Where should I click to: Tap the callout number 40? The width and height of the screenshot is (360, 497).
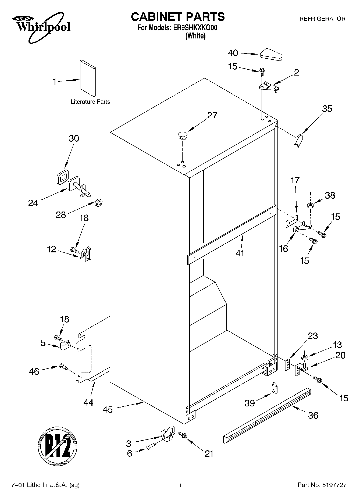[233, 53]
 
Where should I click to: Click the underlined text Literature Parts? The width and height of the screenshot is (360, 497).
[90, 102]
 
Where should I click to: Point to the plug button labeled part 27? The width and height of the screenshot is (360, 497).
[182, 135]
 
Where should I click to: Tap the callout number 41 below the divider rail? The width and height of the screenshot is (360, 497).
[240, 253]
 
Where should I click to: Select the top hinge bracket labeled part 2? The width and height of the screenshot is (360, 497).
[268, 87]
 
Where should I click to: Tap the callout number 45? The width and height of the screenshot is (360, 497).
[108, 410]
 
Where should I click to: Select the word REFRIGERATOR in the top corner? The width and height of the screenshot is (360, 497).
[322, 19]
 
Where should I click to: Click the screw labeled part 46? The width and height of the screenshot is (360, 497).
[62, 366]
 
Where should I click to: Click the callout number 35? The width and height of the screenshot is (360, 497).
[327, 109]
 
